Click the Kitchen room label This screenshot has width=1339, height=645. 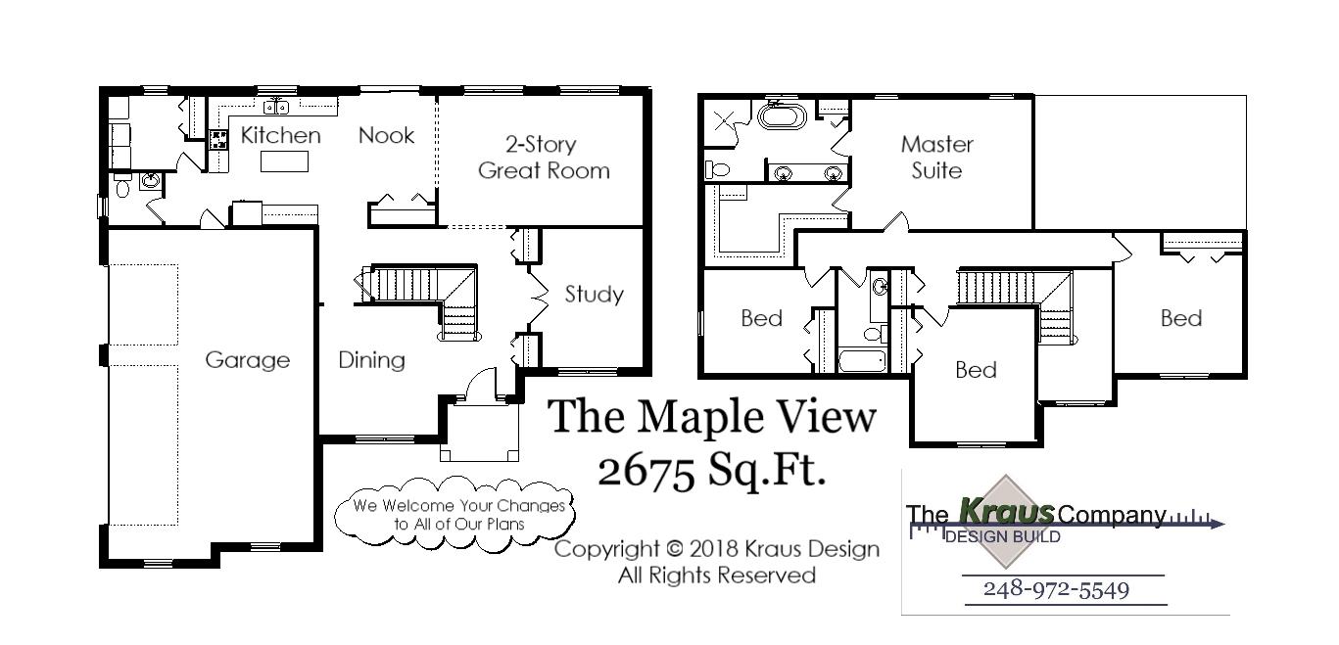click(x=280, y=135)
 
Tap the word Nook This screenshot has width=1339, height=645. click(x=386, y=135)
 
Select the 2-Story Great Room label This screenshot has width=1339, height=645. click(x=543, y=158)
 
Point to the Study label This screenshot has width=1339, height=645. click(x=594, y=294)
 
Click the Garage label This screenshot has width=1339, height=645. click(x=247, y=360)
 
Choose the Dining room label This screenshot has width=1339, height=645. click(x=371, y=360)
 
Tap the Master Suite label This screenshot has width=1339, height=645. click(x=936, y=158)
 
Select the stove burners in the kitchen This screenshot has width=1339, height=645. click(x=218, y=139)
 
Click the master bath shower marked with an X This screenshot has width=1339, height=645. click(x=727, y=120)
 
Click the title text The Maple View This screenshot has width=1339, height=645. click(x=712, y=416)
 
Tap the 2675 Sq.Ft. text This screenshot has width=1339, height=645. click(x=712, y=471)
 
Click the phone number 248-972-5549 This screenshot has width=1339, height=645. click(x=1056, y=589)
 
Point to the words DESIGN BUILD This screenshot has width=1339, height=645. click(x=1001, y=536)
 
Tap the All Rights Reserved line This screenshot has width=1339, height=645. click(x=716, y=576)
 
